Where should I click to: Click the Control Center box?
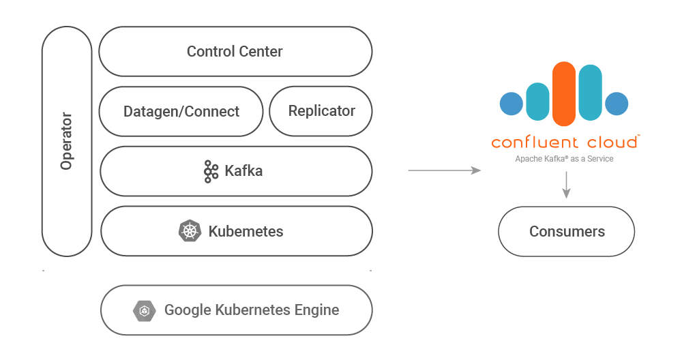point(235,51)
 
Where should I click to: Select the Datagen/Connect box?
point(181,111)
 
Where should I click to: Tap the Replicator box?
point(321,111)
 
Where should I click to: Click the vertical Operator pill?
point(67,141)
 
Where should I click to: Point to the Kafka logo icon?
point(211,171)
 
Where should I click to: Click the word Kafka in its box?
point(243,171)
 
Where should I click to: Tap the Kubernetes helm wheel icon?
point(190,231)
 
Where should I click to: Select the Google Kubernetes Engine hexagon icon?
point(145,310)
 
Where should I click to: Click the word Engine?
point(316,310)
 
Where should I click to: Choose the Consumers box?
point(566,231)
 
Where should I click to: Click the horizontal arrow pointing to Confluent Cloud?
point(445,170)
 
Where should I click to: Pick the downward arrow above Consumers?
point(566,185)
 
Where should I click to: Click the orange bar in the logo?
point(564,94)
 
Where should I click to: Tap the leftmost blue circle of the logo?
point(512,104)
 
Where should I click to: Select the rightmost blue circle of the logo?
point(617,104)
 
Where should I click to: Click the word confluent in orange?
point(535,142)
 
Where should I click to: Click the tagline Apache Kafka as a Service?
point(564,159)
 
